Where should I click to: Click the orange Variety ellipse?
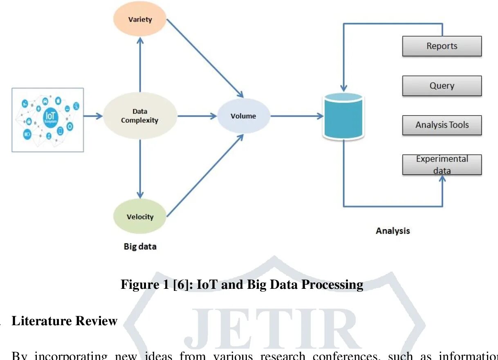point(140,19)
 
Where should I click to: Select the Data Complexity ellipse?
point(140,116)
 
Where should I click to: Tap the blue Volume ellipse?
point(243,116)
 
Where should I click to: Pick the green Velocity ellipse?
point(140,216)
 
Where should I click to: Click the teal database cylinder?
point(343,116)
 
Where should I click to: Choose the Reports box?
point(442,46)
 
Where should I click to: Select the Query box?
point(442,85)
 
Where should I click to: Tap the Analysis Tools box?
point(442,125)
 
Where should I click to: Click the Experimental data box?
point(442,164)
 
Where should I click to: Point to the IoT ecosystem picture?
point(47,120)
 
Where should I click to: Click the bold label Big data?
point(140,247)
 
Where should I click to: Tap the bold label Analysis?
point(393,231)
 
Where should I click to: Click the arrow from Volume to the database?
point(296,116)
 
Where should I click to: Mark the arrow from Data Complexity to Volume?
point(197,116)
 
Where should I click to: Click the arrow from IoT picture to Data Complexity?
point(93,116)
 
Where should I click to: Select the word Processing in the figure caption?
point(332,284)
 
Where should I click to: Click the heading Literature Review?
point(65,321)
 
